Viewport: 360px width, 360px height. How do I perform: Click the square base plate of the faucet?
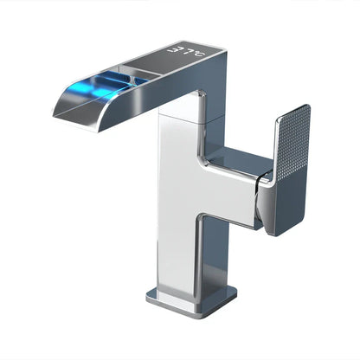191,299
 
